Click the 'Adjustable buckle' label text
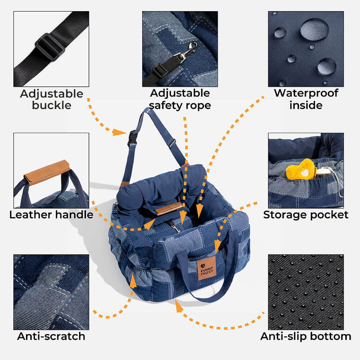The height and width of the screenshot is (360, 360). [51, 99]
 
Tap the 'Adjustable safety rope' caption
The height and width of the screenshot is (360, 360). [180, 99]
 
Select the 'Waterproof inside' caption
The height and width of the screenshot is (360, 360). [306, 99]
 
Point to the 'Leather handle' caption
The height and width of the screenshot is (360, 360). [51, 215]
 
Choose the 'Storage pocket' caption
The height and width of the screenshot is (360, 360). [306, 215]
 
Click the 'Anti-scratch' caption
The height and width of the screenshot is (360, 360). [51, 336]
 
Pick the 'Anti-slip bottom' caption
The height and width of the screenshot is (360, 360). [306, 336]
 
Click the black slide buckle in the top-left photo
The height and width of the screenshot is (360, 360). [50, 47]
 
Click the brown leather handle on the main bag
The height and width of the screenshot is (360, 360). [168, 209]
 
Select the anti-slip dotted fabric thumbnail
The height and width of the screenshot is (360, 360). [306, 292]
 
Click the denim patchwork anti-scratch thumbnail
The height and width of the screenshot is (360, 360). [51, 292]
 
